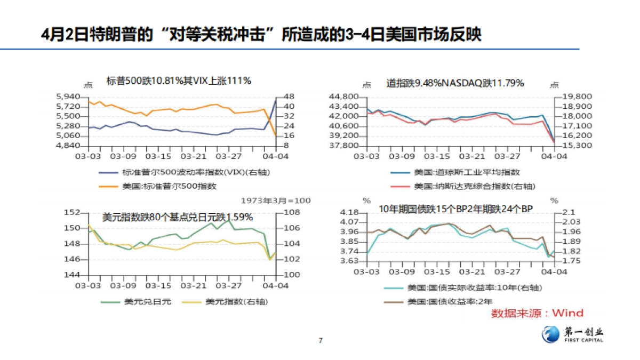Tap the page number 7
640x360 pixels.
(x=320, y=340)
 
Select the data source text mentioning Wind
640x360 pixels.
(x=537, y=313)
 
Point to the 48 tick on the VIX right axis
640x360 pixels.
(x=287, y=97)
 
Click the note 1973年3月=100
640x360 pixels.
(x=275, y=201)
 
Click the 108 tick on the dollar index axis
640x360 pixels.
(x=289, y=213)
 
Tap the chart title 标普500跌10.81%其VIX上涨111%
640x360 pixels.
(x=178, y=81)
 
